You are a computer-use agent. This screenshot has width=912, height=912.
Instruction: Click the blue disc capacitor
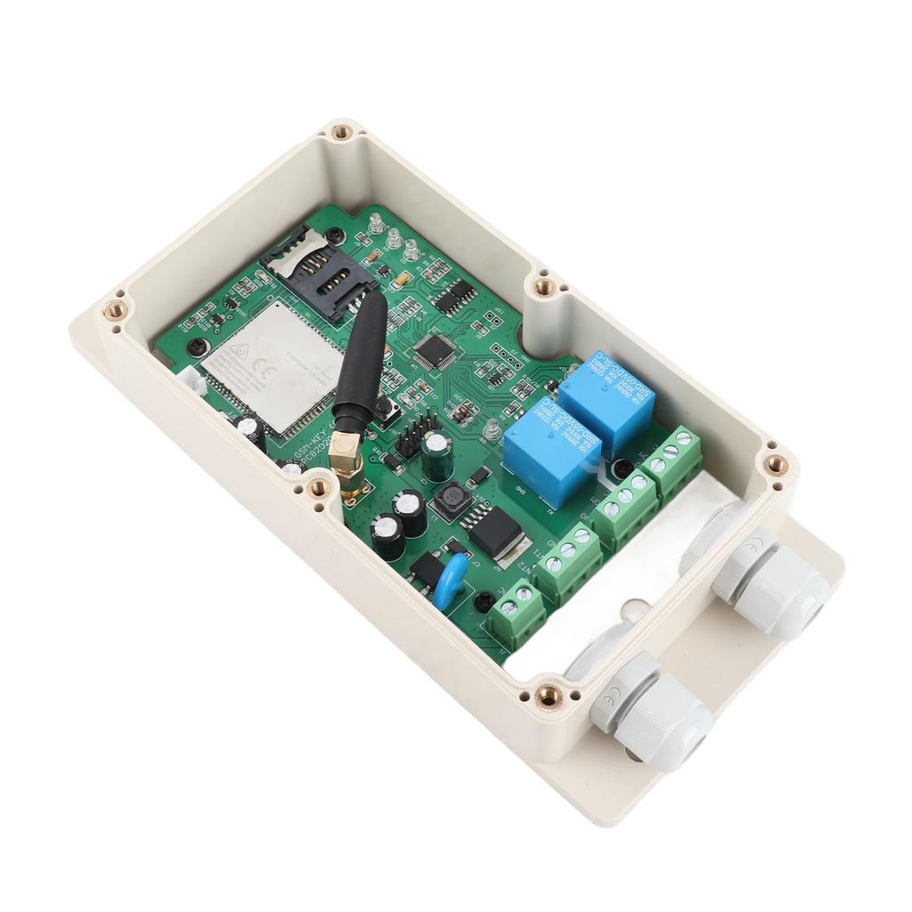coord(452,579)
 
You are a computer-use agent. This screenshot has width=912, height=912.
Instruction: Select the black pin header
coord(414,434)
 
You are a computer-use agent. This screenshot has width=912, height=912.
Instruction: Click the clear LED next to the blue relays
coord(491,432)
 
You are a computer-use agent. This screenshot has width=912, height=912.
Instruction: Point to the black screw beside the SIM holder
coord(334,235)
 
